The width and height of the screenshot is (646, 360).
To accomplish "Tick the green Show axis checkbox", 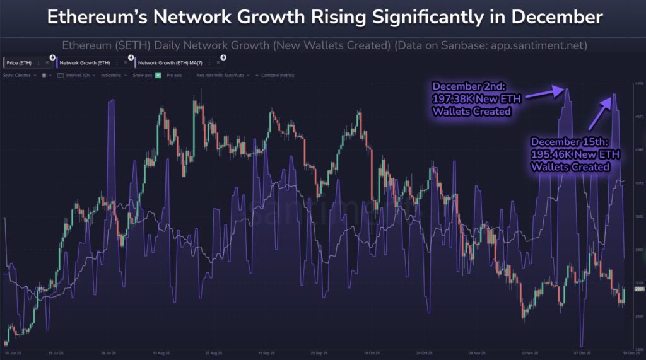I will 158,75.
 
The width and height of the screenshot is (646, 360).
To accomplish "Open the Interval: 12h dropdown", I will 75,75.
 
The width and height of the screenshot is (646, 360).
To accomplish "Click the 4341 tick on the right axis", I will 638,150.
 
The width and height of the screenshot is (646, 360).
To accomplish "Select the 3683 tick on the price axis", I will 638,216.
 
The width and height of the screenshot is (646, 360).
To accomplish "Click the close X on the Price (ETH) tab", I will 47,63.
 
